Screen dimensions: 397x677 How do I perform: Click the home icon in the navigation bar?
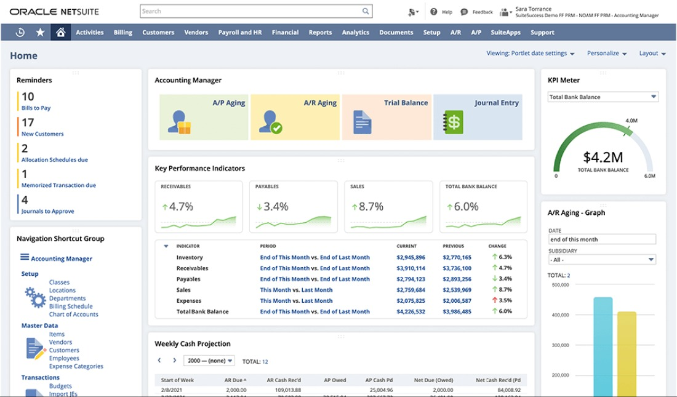[x=60, y=33]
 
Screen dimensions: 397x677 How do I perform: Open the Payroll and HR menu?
[x=240, y=33]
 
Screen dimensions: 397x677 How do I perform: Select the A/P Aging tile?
[x=204, y=117]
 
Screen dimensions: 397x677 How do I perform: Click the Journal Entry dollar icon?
[x=454, y=122]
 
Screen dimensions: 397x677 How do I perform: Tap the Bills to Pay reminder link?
[x=36, y=108]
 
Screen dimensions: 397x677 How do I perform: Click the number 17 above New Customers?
[x=28, y=122]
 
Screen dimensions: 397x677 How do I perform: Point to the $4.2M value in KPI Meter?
[x=603, y=157]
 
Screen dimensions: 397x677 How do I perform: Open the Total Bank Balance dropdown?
[x=603, y=97]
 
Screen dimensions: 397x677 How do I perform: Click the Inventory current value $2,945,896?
[x=411, y=258]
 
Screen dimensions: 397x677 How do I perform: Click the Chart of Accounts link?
[x=73, y=315]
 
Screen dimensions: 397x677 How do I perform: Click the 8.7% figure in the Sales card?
[x=371, y=207]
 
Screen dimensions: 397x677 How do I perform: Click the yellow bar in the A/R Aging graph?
[x=627, y=354]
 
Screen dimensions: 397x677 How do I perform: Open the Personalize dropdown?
[x=606, y=54]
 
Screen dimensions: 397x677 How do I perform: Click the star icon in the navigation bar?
[x=40, y=33]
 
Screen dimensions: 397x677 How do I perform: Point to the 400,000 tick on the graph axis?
[x=560, y=315]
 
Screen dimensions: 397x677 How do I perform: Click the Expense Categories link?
[x=76, y=366]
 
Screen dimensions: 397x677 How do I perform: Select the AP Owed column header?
[x=335, y=380]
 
